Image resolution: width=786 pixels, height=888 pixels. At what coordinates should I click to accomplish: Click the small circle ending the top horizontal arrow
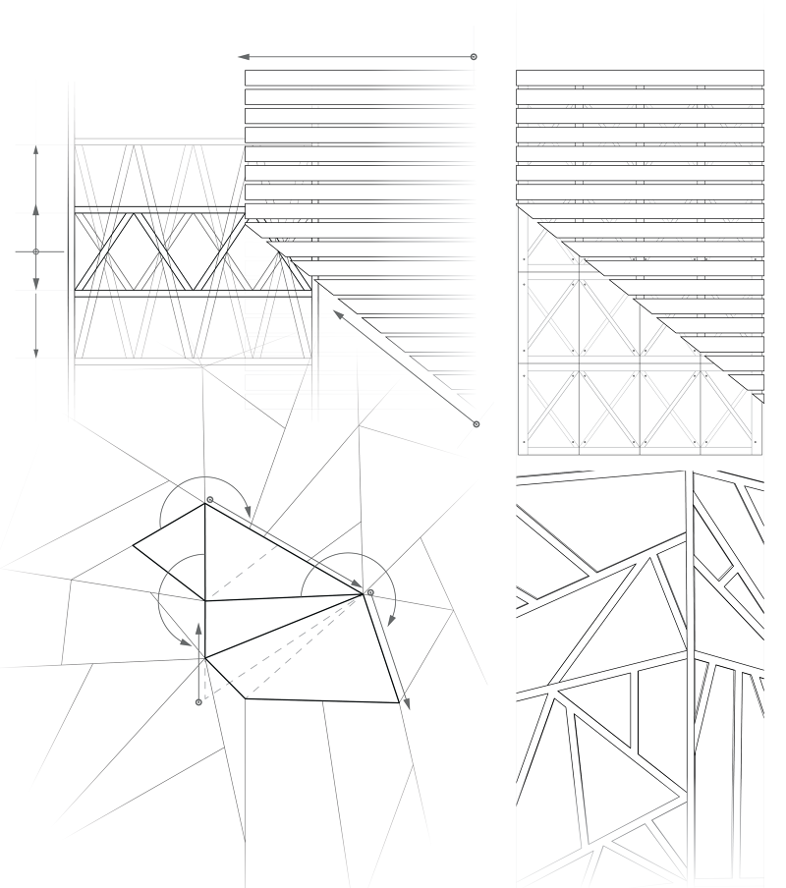click(474, 57)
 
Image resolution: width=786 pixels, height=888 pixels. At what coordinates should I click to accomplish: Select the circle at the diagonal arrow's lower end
click(477, 424)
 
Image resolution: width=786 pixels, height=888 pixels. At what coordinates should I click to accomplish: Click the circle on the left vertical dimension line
click(36, 252)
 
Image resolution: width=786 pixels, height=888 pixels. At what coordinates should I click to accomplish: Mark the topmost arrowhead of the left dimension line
click(36, 149)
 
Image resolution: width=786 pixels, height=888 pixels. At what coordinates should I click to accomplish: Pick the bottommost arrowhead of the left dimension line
click(36, 351)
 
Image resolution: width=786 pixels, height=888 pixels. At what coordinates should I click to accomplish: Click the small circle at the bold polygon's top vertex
click(209, 500)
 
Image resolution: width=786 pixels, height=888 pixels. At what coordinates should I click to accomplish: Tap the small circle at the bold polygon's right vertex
click(370, 592)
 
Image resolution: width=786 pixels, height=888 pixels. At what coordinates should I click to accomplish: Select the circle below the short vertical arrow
click(199, 702)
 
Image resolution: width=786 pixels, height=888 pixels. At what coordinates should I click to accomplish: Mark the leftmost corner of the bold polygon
click(133, 544)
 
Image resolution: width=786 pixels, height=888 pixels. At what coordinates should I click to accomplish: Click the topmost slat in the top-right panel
click(640, 77)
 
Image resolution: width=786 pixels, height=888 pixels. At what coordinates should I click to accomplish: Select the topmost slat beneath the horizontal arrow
click(359, 77)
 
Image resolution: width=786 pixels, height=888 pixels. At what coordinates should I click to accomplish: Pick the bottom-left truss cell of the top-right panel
click(549, 411)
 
